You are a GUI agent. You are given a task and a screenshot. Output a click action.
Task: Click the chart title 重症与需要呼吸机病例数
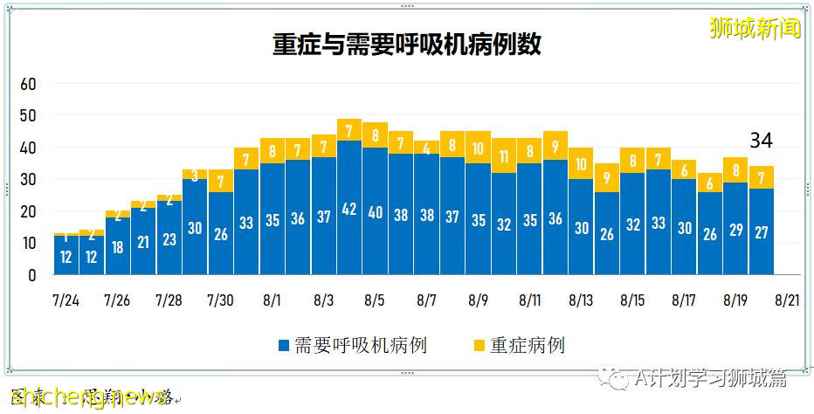(x=406, y=45)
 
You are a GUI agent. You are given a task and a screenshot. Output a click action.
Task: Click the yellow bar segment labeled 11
(x=503, y=156)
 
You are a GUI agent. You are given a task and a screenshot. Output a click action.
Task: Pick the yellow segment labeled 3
(x=195, y=175)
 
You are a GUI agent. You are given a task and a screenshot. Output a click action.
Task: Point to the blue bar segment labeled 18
(x=118, y=246)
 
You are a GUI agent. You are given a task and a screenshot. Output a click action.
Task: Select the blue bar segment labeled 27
(x=761, y=231)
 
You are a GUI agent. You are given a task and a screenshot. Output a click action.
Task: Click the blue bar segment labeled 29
(x=735, y=229)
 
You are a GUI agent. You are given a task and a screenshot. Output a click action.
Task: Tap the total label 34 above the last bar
(x=761, y=140)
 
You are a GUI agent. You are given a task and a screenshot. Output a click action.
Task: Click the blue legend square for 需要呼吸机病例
(x=284, y=346)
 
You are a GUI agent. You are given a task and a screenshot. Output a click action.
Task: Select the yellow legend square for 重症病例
(x=477, y=346)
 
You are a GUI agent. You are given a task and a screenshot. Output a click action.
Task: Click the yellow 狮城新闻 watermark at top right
(x=755, y=28)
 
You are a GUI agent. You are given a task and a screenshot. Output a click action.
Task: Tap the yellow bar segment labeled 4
(x=426, y=148)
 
